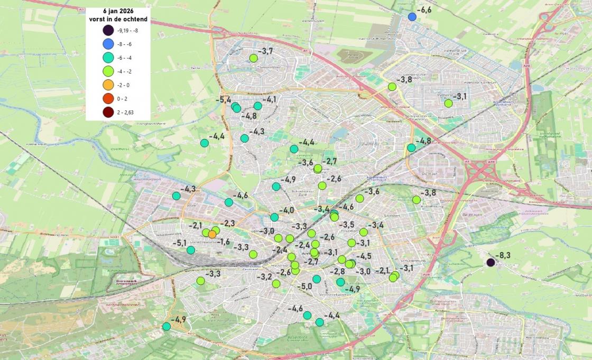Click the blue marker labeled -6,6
pos(412,17)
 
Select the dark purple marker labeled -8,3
pos(491,262)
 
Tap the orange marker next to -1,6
pos(212,234)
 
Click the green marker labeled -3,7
pos(253,58)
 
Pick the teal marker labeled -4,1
pos(258,106)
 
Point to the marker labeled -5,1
pos(191,250)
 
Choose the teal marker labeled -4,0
pos(274,217)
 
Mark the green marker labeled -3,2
pos(276,284)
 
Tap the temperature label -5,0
pos(304,287)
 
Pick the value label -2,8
pos(337,271)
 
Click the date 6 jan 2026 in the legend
pos(118,11)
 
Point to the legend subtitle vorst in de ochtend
pos(118,19)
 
